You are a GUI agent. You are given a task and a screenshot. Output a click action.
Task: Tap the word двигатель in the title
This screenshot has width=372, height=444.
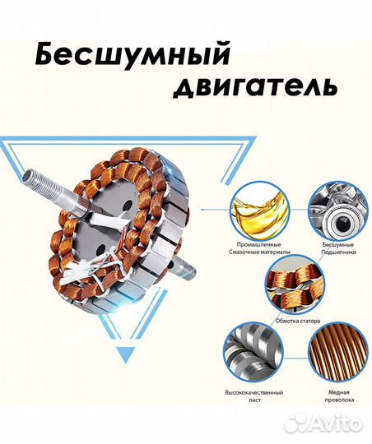click(252, 86)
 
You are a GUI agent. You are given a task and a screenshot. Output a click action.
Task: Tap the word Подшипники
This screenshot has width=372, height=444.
click(337, 252)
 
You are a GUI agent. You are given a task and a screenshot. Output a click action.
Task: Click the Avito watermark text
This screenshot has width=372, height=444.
click(338, 425)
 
